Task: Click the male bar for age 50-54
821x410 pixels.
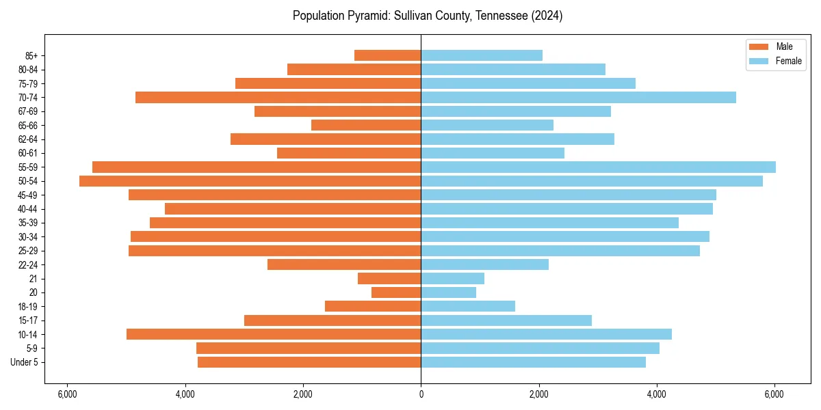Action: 250,181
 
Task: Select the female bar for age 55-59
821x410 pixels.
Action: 598,167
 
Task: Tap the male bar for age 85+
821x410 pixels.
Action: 387,55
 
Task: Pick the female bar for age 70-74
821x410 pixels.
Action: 578,98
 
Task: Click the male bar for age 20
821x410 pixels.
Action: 396,292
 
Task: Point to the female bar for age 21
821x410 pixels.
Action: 452,279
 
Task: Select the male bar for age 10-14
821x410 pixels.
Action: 274,334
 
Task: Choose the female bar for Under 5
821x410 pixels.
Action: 533,362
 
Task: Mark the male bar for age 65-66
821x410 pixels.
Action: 366,125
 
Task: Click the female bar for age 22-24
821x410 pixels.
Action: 484,264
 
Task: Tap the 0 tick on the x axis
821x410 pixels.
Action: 421,394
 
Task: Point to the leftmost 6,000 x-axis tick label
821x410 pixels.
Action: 67,394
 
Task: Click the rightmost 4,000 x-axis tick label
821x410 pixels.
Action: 657,394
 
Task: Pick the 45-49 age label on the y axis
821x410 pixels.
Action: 28,195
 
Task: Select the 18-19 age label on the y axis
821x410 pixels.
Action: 28,307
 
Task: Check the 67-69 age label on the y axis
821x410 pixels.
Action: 28,111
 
